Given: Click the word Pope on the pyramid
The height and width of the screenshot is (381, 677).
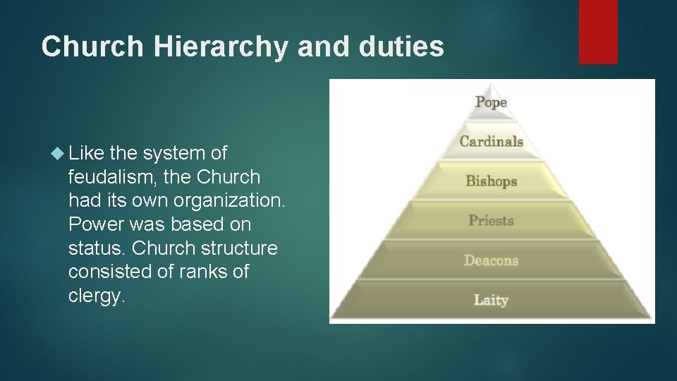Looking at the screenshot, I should (x=491, y=102).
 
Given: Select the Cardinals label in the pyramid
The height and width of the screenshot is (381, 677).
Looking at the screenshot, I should (x=491, y=141).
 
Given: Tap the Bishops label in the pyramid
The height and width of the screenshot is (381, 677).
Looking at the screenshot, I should (x=491, y=181).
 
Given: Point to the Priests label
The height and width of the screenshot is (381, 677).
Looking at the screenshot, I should (x=491, y=220).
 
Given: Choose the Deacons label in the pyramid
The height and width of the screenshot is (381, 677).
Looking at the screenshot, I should (x=491, y=260).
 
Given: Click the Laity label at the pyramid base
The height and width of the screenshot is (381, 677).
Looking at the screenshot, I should (x=491, y=300).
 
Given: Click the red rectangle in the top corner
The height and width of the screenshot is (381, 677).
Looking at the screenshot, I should (x=598, y=32).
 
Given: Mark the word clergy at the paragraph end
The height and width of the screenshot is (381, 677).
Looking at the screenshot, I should (x=97, y=296).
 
